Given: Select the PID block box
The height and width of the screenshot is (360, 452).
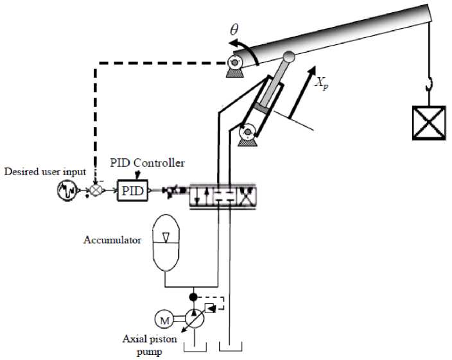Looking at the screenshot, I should point(132,190).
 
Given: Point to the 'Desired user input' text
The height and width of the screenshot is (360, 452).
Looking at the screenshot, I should point(44,172).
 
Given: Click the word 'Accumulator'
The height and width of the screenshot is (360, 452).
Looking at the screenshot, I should point(112,241).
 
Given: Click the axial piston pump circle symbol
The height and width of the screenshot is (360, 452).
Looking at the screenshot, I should point(193,318).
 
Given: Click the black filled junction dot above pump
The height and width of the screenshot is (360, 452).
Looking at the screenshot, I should point(193,297).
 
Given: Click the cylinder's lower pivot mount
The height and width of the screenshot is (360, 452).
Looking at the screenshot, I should point(247,133).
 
